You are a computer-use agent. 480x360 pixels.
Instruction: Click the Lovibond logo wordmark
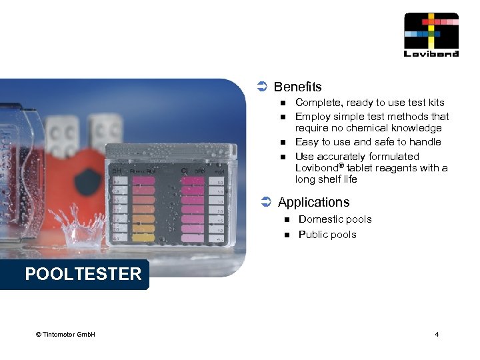coord(431,54)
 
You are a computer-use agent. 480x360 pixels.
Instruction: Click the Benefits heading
coord(297,87)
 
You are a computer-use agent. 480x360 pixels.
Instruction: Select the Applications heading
coord(313,202)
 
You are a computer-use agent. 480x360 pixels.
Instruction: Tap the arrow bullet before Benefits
coord(262,87)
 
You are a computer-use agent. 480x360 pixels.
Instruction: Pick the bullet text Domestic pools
coord(335,219)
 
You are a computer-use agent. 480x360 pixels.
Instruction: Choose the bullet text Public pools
coord(327,235)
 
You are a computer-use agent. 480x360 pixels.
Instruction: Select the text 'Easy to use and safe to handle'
coord(368,142)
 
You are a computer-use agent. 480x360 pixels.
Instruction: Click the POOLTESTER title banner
coord(83,274)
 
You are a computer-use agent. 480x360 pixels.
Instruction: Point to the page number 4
coord(437,334)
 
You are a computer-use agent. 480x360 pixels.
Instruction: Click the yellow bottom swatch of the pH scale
coord(143,237)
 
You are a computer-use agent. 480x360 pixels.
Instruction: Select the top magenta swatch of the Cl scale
coord(192,181)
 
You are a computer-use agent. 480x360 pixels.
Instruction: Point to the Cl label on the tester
coord(184,171)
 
